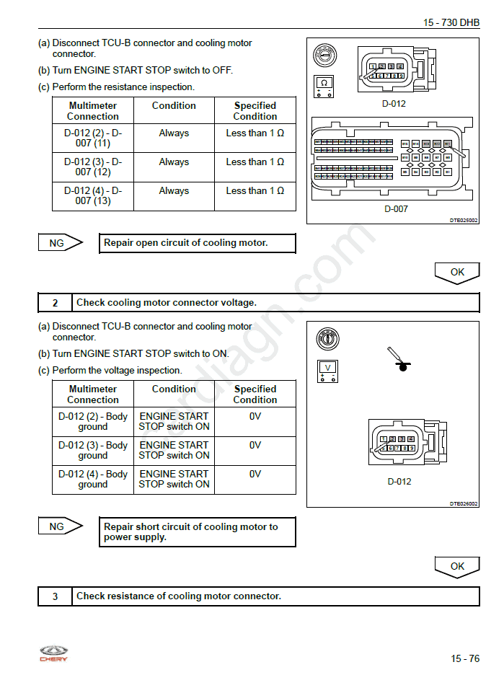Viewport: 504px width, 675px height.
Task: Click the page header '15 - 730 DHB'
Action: (x=451, y=22)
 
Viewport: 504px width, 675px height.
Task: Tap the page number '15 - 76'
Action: (x=465, y=658)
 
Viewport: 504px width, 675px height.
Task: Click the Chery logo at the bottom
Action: (x=53, y=653)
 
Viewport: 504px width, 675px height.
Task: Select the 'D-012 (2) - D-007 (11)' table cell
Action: (x=93, y=138)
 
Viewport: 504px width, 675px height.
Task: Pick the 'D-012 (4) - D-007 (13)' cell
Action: (x=93, y=195)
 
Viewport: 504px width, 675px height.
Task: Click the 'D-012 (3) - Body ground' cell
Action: (x=93, y=450)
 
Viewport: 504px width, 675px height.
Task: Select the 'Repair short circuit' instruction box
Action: (x=197, y=531)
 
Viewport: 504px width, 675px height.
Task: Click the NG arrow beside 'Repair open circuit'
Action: (x=60, y=243)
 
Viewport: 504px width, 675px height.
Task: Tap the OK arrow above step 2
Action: (x=457, y=273)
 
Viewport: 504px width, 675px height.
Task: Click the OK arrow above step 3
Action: (x=457, y=567)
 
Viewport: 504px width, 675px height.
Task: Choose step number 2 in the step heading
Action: (x=55, y=303)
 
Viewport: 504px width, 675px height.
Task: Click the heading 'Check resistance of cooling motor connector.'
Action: (x=179, y=596)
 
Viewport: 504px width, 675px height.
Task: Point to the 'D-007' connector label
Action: (x=395, y=209)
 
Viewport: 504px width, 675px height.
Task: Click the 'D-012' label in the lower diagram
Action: (x=399, y=481)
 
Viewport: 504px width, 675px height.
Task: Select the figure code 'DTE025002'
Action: (x=464, y=221)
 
